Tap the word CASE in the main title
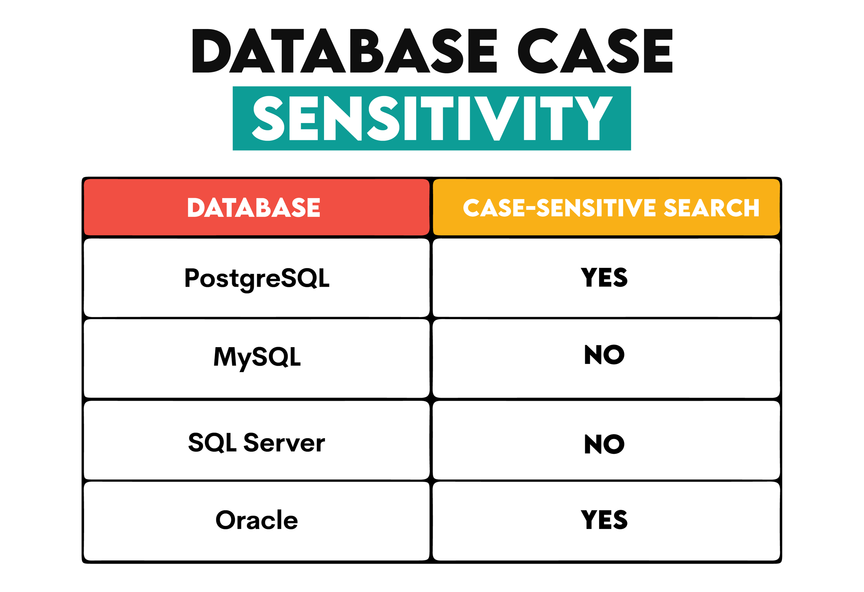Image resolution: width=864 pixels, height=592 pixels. [595, 51]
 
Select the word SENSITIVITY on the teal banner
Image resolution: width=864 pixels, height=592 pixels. [432, 118]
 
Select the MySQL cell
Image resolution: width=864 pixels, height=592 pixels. [257, 358]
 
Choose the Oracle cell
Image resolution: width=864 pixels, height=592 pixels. [257, 520]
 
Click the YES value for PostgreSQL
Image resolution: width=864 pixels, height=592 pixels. [604, 278]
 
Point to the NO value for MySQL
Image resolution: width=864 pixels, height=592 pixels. [604, 355]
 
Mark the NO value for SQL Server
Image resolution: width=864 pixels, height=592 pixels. [604, 444]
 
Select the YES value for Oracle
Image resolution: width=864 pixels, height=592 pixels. [604, 520]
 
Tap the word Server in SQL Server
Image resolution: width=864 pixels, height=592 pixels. [284, 443]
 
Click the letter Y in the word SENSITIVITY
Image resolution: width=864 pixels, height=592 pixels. [593, 118]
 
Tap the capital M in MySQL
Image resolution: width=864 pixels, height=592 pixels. [224, 357]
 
